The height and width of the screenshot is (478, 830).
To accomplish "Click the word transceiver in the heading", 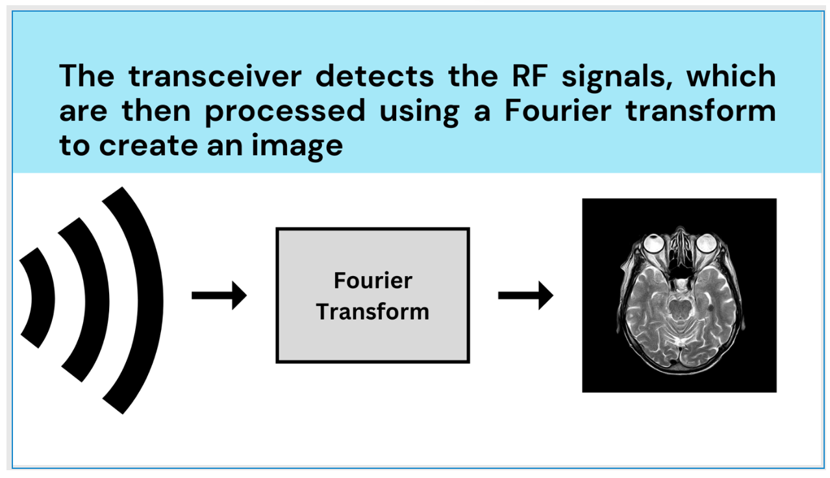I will click(x=215, y=77).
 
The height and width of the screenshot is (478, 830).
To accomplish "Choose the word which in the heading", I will click(x=731, y=77).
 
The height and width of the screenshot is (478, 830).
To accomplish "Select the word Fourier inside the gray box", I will click(x=373, y=281).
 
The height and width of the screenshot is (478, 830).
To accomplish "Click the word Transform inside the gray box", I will click(x=373, y=312).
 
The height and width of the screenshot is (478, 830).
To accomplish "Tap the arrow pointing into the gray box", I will click(x=219, y=296).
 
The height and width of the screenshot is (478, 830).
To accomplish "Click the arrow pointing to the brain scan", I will click(x=525, y=296).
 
